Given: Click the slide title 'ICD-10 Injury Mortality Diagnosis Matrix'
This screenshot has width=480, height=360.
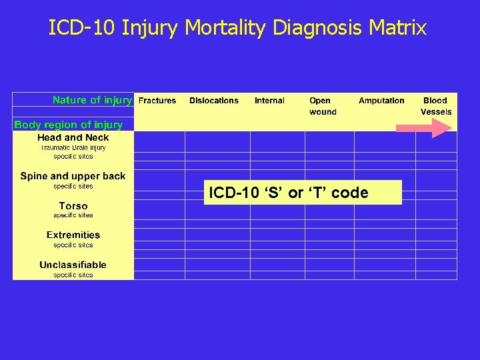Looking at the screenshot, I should (237, 28).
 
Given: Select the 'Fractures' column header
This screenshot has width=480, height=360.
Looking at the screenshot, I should (157, 101).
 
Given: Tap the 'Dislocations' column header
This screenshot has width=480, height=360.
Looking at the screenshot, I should (213, 101).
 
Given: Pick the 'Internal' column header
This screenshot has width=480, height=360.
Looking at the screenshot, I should (269, 101).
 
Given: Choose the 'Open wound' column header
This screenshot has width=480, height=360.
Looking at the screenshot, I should (323, 106).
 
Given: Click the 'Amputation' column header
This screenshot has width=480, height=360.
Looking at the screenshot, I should (381, 101).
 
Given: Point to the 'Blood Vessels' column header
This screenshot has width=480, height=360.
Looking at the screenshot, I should (436, 106).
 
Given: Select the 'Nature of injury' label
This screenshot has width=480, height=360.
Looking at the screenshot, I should (92, 100).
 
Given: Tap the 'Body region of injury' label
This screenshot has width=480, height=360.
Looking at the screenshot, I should (68, 125).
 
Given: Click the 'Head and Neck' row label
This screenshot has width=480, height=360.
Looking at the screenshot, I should (73, 137).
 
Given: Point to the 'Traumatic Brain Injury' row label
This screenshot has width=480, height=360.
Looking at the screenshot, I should (73, 147).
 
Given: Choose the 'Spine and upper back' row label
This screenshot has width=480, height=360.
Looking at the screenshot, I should (73, 176).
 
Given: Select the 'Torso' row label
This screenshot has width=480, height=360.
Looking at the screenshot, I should (73, 206).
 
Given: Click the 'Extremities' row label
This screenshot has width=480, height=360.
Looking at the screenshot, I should (73, 235).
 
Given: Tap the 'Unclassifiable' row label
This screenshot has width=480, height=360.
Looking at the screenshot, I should (73, 265).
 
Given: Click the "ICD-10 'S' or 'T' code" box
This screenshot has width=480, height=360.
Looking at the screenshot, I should (303, 193).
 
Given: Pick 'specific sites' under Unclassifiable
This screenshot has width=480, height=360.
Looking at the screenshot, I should (73, 275).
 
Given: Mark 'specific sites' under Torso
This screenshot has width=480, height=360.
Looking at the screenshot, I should (73, 215).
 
